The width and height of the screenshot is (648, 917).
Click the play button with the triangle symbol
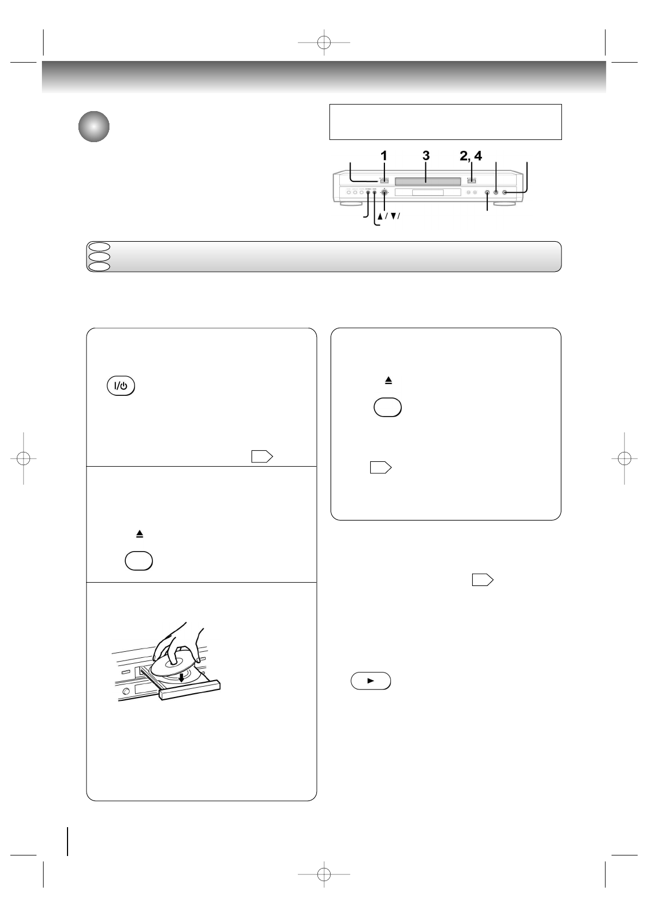[x=371, y=681]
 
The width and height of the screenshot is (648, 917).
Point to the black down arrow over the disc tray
[x=181, y=677]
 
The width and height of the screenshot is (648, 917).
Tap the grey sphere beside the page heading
[x=93, y=127]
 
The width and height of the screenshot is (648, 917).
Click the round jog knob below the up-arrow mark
[x=385, y=192]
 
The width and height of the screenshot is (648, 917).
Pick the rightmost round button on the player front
[x=505, y=192]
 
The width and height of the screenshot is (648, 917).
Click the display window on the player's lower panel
[x=427, y=193]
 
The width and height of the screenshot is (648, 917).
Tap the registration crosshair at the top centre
[x=324, y=42]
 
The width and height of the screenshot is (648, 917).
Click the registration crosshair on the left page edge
[x=23, y=458]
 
